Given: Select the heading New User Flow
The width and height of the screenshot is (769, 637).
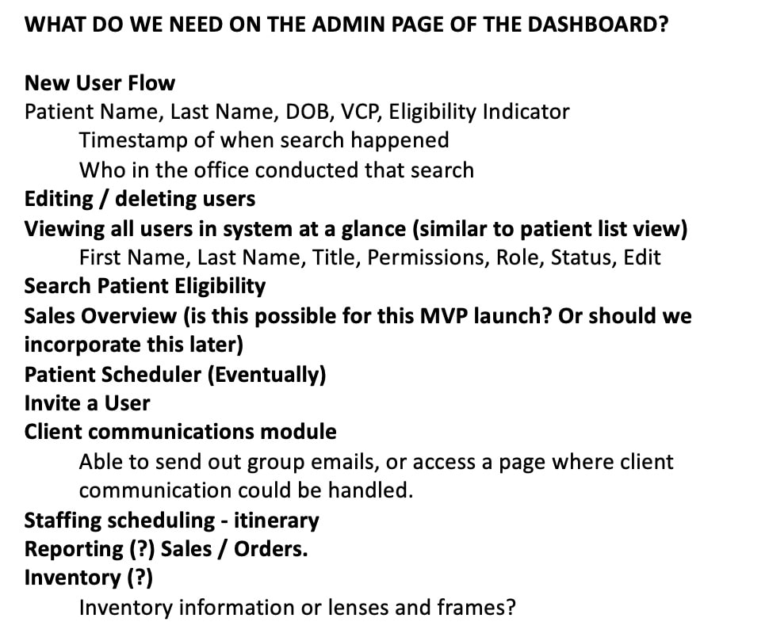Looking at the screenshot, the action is [x=100, y=83].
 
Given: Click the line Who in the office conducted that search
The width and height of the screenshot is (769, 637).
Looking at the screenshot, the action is [x=277, y=170].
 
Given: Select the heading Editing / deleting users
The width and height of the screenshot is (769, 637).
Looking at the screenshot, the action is [x=140, y=199].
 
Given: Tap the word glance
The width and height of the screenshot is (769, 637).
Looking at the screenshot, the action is [x=373, y=229].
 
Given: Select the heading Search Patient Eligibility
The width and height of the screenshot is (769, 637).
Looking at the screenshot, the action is [x=145, y=286].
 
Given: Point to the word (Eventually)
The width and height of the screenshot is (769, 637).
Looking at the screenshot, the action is [x=266, y=375].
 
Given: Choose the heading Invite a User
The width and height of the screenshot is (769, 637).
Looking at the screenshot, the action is [x=87, y=403].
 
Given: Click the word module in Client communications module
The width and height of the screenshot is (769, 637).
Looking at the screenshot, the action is [x=298, y=432].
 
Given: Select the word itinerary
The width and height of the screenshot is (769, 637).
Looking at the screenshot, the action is [x=277, y=520].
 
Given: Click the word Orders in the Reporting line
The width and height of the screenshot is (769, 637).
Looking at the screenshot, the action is [x=270, y=549].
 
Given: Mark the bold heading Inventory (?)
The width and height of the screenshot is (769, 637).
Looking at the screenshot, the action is [x=89, y=578].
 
